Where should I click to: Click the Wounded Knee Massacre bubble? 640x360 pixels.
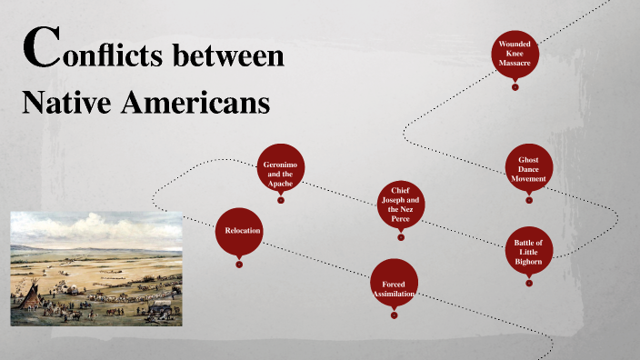click(515, 53)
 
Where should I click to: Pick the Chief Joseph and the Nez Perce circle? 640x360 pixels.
click(401, 203)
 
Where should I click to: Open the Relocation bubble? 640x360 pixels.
click(239, 231)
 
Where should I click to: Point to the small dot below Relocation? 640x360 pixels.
click(239, 265)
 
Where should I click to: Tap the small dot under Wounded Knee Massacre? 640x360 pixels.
click(515, 87)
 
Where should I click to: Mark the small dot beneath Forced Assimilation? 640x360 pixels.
click(394, 315)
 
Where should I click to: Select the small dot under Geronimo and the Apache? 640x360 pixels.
click(280, 202)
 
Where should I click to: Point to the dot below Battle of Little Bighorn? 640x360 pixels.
click(528, 283)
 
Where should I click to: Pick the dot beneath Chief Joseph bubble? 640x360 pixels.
click(401, 237)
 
